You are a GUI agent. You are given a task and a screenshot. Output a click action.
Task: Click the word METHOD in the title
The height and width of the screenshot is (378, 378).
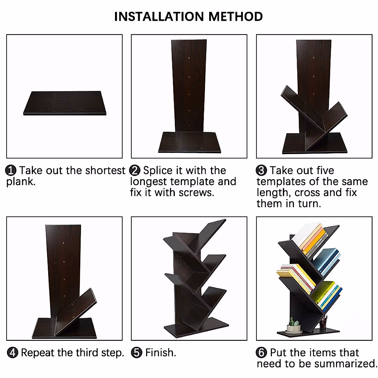point(235,16)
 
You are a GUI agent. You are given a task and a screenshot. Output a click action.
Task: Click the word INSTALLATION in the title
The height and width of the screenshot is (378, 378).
point(159,16)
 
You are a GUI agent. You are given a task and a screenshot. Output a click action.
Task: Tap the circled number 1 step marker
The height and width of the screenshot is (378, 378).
point(11,170)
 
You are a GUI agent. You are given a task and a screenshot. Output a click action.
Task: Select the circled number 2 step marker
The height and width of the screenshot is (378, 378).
point(135,170)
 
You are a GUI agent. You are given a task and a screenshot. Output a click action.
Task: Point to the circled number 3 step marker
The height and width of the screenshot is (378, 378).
point(261,170)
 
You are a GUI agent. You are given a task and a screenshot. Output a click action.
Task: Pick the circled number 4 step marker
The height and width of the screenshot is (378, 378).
point(12,352)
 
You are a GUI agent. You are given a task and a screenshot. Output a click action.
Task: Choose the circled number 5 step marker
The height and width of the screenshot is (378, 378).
point(136,352)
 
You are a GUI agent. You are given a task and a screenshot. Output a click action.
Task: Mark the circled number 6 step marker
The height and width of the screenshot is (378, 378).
point(261,352)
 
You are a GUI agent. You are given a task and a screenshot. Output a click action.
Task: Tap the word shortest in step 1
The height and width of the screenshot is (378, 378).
point(105,170)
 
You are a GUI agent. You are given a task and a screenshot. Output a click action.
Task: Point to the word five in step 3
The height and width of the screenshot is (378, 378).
point(324,170)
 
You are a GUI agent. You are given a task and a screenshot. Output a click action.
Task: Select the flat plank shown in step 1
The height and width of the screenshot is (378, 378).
point(65,103)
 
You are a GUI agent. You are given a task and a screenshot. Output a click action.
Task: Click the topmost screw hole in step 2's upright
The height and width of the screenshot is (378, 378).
point(189,59)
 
